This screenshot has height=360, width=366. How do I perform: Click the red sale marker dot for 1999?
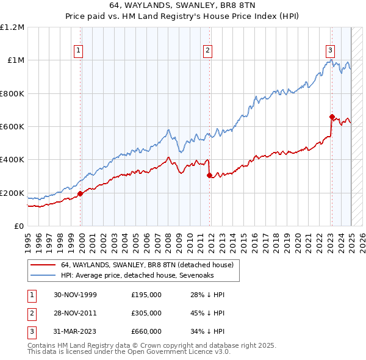(81, 194)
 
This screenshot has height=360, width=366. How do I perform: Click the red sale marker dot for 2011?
(209, 175)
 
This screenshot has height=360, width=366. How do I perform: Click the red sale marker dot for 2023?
(332, 117)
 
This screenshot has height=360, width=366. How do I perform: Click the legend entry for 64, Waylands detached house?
(146, 265)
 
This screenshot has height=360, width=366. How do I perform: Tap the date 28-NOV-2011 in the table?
(75, 312)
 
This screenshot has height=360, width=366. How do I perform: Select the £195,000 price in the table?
(146, 295)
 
